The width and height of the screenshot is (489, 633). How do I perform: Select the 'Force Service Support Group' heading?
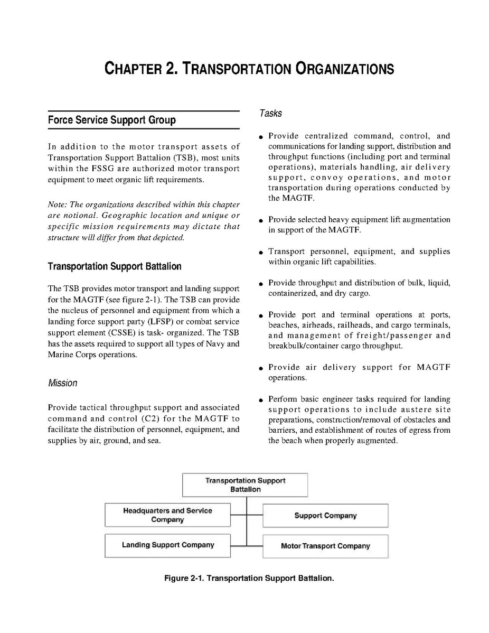pyautogui.click(x=111, y=120)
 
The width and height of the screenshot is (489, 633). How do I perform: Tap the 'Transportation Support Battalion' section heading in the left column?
pyautogui.click(x=115, y=266)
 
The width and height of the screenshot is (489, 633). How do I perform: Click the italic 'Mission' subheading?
pyautogui.click(x=62, y=383)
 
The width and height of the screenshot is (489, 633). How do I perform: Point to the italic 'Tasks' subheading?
pyautogui.click(x=270, y=113)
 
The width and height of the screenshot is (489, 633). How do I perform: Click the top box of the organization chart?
pyautogui.click(x=245, y=485)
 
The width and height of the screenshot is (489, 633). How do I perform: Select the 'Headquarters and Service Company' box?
pyautogui.click(x=167, y=515)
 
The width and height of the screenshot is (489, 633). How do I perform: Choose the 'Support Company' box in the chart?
pyautogui.click(x=325, y=516)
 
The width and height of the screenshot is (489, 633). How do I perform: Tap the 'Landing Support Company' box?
pyautogui.click(x=167, y=545)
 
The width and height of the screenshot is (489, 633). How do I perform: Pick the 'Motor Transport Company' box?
pyautogui.click(x=325, y=546)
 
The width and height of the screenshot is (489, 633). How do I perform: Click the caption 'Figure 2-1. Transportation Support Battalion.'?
pyautogui.click(x=249, y=578)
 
